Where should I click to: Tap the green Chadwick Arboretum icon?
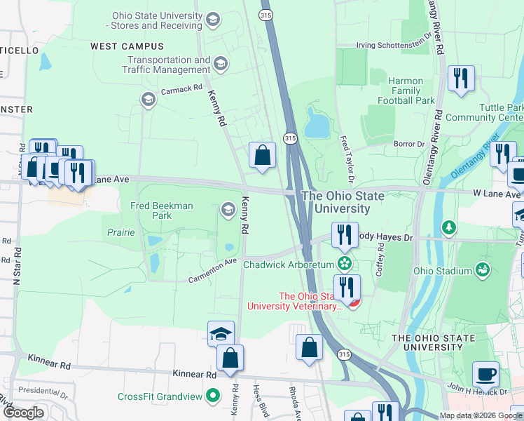[344, 264]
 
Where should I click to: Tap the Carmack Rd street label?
[181, 88]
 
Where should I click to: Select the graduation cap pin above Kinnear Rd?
[221, 334]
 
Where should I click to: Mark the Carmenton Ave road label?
[212, 270]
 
